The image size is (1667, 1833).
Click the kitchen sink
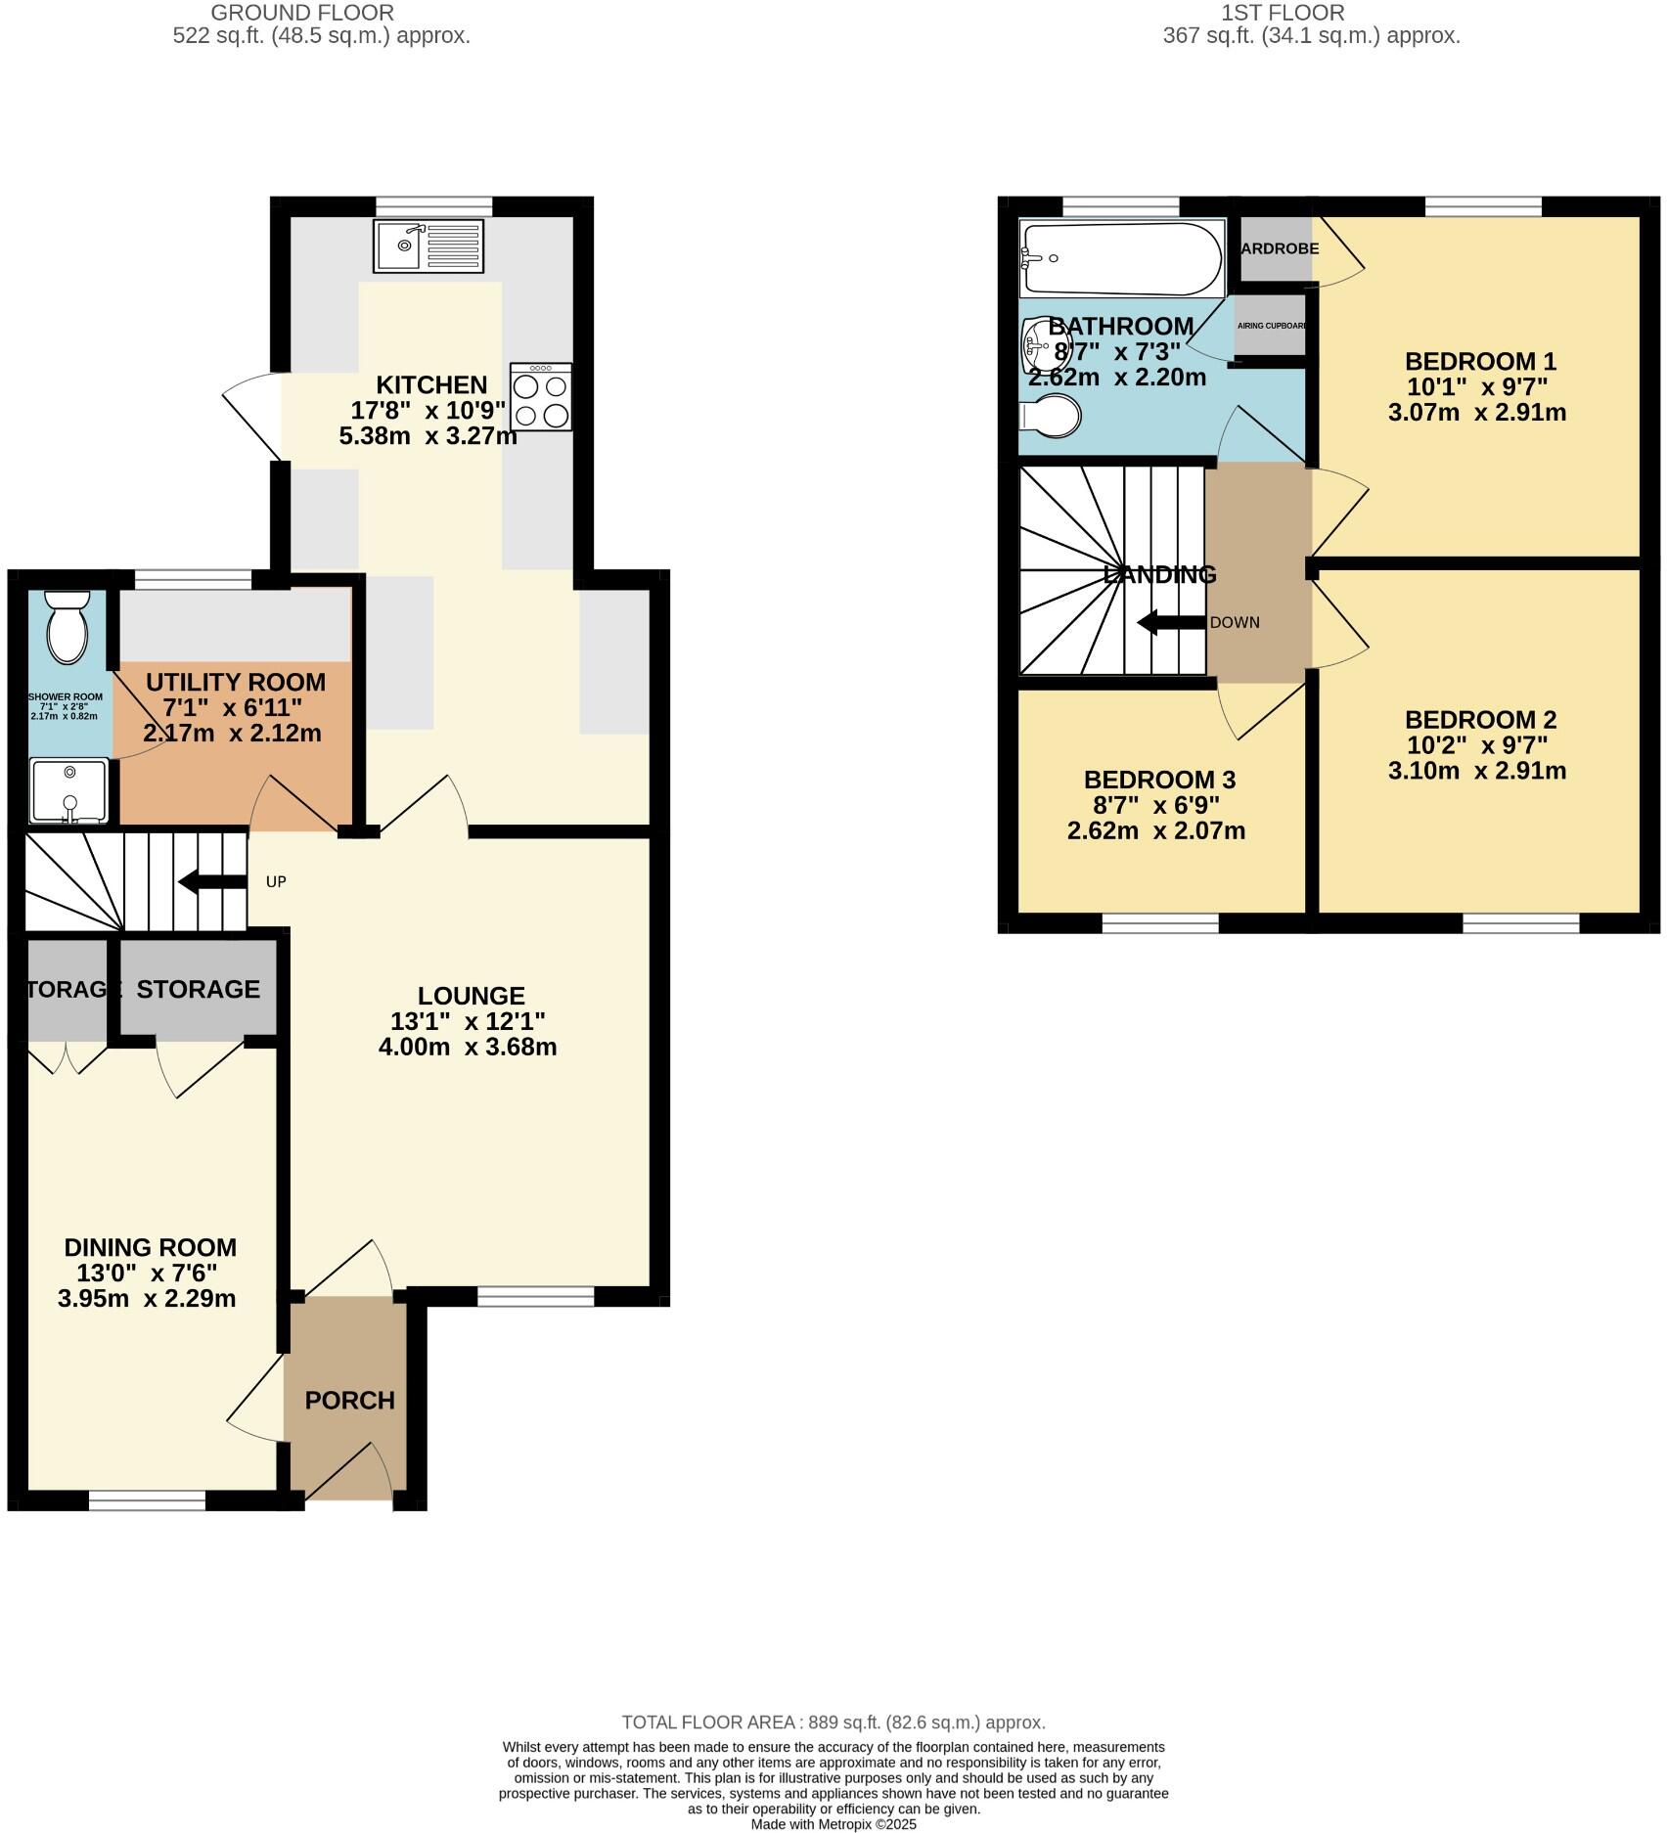coord(428,246)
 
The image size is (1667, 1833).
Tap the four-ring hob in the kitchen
coord(541,398)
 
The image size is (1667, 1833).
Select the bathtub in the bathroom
coord(1120,258)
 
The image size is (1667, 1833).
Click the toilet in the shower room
coord(67,627)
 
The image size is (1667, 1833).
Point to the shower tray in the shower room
coord(68,790)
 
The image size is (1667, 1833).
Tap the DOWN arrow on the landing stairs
coord(1170,622)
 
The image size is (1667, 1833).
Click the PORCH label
coord(349,1400)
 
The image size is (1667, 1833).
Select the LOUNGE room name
coord(471,996)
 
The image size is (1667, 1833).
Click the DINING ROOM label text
coord(150,1247)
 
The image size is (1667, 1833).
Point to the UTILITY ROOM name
coord(235,682)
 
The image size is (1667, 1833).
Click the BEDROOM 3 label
coord(1158,780)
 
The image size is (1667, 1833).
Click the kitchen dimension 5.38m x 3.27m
coord(428,436)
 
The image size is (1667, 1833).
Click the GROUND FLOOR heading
coord(302,13)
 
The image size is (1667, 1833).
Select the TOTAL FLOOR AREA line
coord(833,1722)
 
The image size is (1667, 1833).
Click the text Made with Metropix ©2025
coord(833,1824)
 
